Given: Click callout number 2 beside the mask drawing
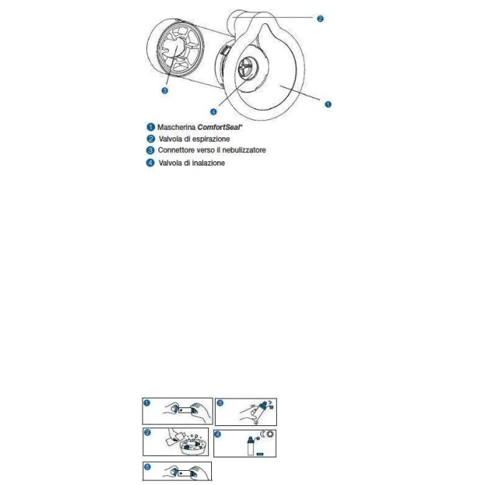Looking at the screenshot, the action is point(320,19).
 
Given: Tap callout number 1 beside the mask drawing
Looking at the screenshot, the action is point(328,104).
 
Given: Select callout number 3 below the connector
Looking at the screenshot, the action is point(165,90).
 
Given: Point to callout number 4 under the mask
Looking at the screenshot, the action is point(213,112).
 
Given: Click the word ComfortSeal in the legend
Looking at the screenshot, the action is point(219,127).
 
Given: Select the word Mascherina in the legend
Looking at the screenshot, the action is point(176,127).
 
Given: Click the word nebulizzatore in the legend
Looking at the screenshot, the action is point(244,150).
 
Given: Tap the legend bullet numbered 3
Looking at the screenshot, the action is point(150,150).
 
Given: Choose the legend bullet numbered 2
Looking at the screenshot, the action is point(151,139).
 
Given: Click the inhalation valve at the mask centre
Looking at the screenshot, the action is point(248,67).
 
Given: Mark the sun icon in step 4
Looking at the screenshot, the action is point(271,434).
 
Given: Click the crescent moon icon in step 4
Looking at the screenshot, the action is point(263,434).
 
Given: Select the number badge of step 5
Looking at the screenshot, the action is point(148,467).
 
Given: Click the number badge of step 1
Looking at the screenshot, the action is point(147,403).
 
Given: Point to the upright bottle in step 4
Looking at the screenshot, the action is point(251,445).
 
